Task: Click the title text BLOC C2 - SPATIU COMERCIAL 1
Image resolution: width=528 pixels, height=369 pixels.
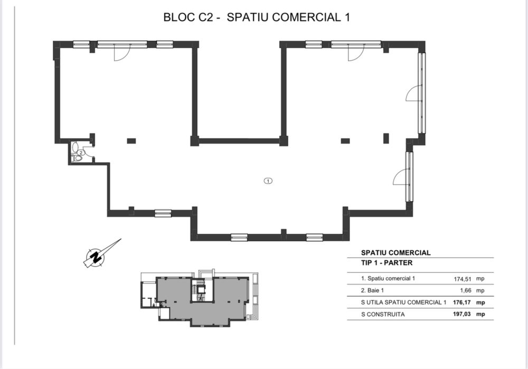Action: tap(258, 17)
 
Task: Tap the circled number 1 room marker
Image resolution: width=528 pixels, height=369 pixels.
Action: tap(268, 181)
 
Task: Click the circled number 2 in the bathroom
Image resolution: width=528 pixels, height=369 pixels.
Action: tap(80, 153)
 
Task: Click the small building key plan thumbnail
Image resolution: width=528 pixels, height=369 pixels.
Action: tap(200, 297)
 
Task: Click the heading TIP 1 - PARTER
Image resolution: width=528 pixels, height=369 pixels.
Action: tap(386, 263)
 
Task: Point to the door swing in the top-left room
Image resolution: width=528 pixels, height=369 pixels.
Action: tap(121, 53)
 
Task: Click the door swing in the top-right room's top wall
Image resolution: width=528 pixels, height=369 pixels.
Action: tap(356, 53)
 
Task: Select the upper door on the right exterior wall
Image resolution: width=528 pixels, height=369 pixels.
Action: tap(413, 93)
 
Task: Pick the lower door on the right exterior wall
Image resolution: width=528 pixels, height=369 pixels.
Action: tap(401, 177)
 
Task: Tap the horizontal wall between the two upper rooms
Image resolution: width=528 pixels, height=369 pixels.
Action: tap(239, 141)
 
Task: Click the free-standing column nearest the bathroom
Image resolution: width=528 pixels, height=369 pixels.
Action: tap(131, 140)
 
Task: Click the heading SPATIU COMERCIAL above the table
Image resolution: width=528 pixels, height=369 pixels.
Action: tap(395, 252)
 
